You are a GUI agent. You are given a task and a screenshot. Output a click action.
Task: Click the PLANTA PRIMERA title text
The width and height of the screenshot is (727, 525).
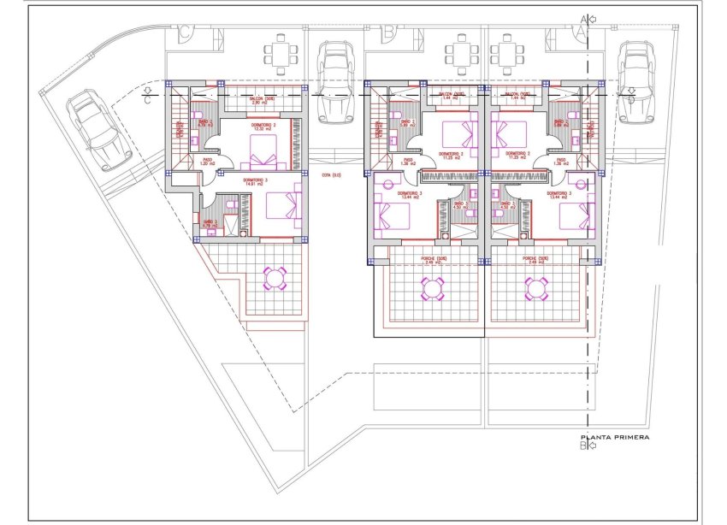point(614,437)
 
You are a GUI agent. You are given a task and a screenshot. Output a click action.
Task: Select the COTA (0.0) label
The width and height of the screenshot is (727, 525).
point(331,176)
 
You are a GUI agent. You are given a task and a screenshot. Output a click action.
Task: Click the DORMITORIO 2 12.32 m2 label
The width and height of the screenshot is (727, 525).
point(263,129)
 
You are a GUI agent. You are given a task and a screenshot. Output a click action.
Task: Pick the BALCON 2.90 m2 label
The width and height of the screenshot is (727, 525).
point(263,101)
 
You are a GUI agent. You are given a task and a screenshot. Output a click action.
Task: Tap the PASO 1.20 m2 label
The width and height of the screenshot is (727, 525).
point(206,160)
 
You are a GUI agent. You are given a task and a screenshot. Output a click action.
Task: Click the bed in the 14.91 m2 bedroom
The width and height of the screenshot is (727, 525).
point(283,207)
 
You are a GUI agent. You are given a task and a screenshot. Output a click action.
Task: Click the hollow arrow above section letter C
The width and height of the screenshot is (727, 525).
point(149,89)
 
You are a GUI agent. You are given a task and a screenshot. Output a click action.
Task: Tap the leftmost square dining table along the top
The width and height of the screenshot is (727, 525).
point(281,54)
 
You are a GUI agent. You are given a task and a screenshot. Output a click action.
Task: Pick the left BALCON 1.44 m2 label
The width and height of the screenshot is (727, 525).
point(451,97)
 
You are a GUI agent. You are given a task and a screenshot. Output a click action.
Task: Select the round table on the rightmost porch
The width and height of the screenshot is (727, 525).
point(536,289)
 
